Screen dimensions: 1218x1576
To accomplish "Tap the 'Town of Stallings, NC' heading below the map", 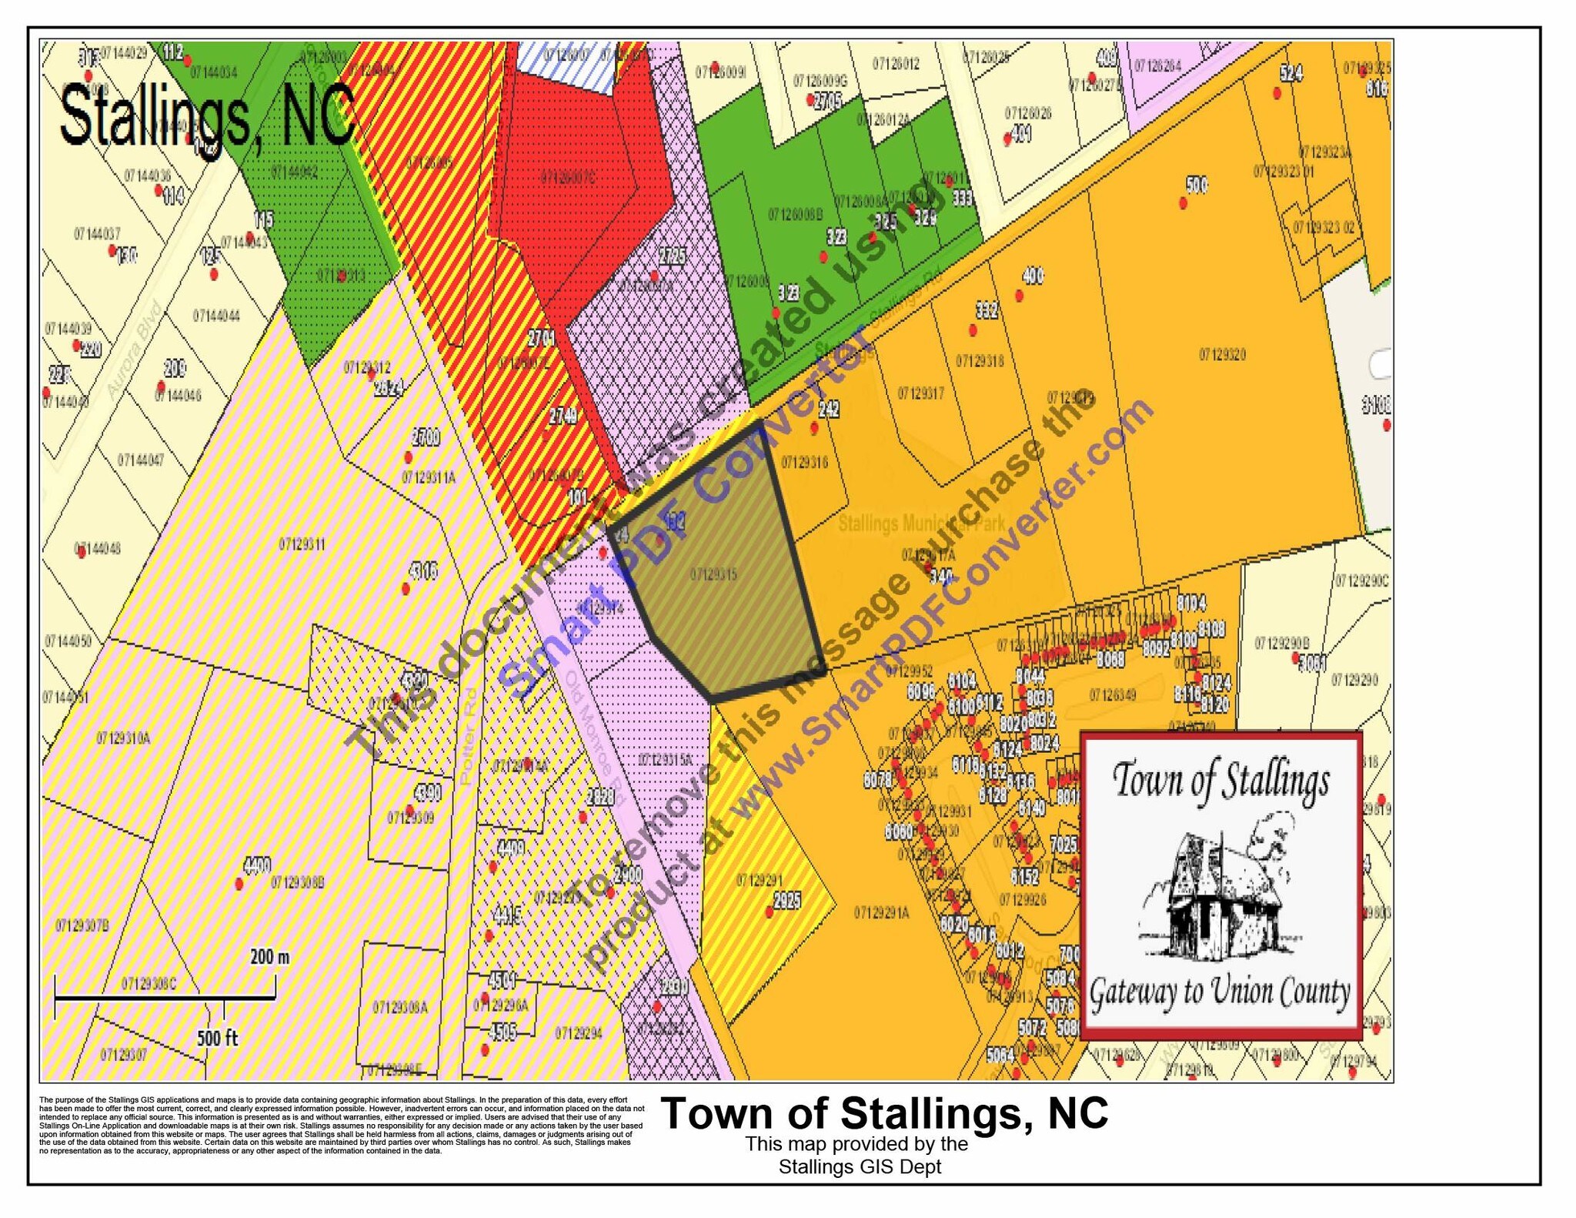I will (x=884, y=1113).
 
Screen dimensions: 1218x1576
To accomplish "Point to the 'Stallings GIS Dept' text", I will (x=860, y=1167).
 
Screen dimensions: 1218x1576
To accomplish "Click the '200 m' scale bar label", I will (x=270, y=957).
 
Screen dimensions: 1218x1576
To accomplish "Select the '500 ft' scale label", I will (x=217, y=1038).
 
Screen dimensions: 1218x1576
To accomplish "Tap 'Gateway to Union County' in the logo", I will (x=1220, y=992).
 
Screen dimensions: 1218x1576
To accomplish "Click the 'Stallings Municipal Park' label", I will (x=921, y=524).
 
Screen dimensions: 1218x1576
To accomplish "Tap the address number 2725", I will (x=672, y=256).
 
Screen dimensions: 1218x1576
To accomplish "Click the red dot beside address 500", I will (x=1184, y=203).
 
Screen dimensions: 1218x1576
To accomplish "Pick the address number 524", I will (x=1291, y=73).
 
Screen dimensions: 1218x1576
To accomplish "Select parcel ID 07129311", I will (x=302, y=545).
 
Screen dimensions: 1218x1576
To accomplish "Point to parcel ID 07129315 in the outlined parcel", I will (x=713, y=574).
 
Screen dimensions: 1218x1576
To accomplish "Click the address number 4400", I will (x=257, y=865).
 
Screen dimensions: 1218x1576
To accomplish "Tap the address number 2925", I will (x=786, y=900).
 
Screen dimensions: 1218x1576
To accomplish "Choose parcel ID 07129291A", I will (x=881, y=913).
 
